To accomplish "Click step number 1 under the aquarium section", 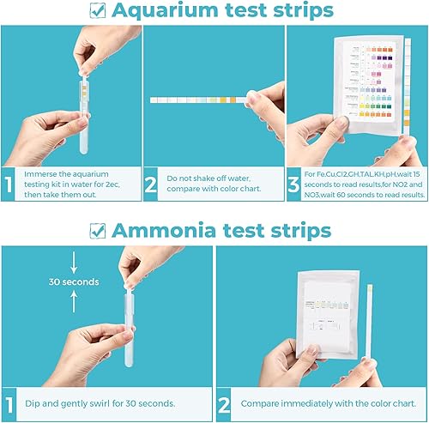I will tap(9, 184).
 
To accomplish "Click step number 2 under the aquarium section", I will tap(152, 184).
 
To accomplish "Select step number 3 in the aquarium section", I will tap(294, 184).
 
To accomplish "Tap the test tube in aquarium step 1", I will tap(84, 112).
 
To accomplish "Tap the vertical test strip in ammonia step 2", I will tap(368, 322).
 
